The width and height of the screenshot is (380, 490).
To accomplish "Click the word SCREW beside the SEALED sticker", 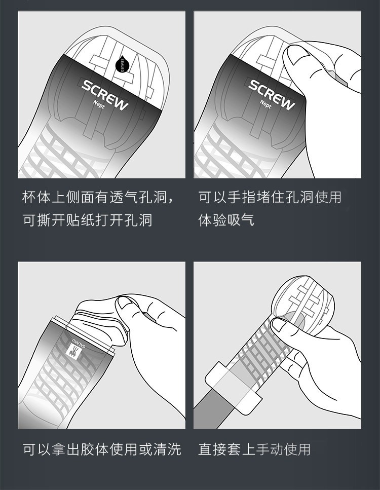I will pyautogui.click(x=105, y=94).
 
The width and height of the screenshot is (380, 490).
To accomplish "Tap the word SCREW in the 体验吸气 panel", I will pyautogui.click(x=271, y=94).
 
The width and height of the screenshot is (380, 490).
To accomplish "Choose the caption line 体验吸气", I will pyautogui.click(x=226, y=220).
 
